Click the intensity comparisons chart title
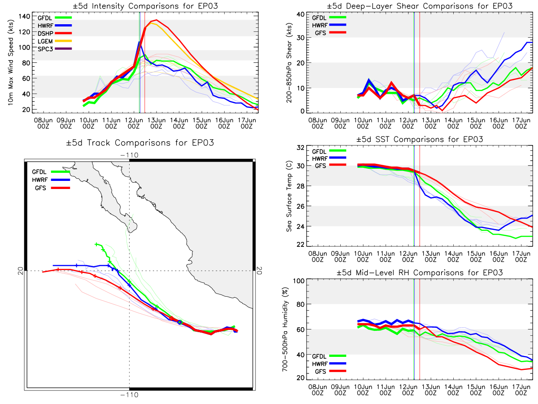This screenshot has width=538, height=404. point(145,6)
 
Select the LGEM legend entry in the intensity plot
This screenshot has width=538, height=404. point(55,41)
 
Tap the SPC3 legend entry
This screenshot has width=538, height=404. point(55,49)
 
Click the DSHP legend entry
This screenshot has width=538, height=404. point(55,33)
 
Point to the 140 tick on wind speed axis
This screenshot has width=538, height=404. point(25,17)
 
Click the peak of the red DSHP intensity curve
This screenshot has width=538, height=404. point(156,20)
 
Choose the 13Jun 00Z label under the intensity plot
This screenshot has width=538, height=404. point(156,123)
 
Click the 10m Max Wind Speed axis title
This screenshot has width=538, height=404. point(10,63)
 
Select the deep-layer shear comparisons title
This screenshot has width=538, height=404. point(420,6)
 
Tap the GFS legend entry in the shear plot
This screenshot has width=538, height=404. point(329,33)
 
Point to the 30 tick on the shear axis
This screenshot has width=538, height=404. point(301,38)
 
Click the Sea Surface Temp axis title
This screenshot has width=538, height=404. point(289,196)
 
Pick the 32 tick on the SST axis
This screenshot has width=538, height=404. point(301,148)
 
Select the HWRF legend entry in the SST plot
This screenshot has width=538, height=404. point(329,158)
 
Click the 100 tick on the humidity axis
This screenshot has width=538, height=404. point(299,281)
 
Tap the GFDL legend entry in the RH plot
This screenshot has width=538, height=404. point(329,356)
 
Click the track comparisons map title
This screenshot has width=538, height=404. point(140,142)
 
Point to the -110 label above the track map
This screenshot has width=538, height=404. point(129,155)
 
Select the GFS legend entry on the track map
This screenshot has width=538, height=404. point(52,188)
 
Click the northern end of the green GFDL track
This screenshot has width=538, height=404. point(96,244)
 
